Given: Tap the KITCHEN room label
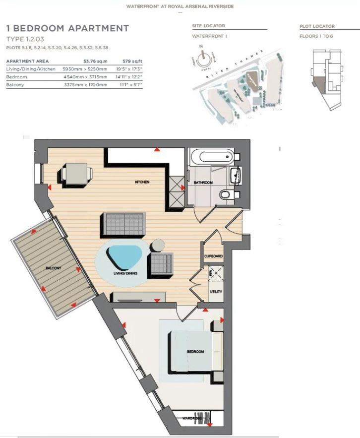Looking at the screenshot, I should pyautogui.click(x=142, y=182).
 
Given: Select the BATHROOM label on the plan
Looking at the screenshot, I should pyautogui.click(x=203, y=183).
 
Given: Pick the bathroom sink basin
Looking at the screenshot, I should pyautogui.click(x=236, y=174).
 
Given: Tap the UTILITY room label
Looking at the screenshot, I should pyautogui.click(x=216, y=292).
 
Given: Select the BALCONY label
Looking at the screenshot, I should pyautogui.click(x=53, y=268).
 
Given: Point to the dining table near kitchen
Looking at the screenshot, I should pyautogui.click(x=76, y=175).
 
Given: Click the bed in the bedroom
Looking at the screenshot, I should pyautogui.click(x=193, y=352).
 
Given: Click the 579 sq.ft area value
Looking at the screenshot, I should pyautogui.click(x=130, y=61).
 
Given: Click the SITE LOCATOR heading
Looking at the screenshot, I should pyautogui.click(x=208, y=26).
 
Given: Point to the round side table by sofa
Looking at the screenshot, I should pyautogui.click(x=158, y=245).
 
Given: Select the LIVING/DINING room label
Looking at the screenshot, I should pyautogui.click(x=125, y=273).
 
